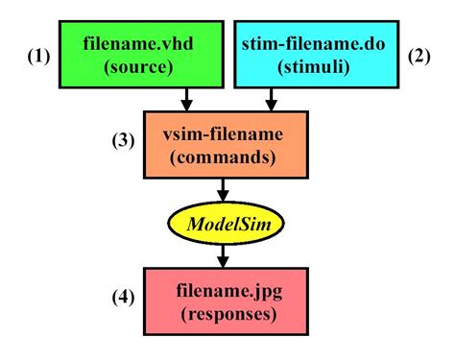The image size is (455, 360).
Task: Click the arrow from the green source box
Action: (x=188, y=98)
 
